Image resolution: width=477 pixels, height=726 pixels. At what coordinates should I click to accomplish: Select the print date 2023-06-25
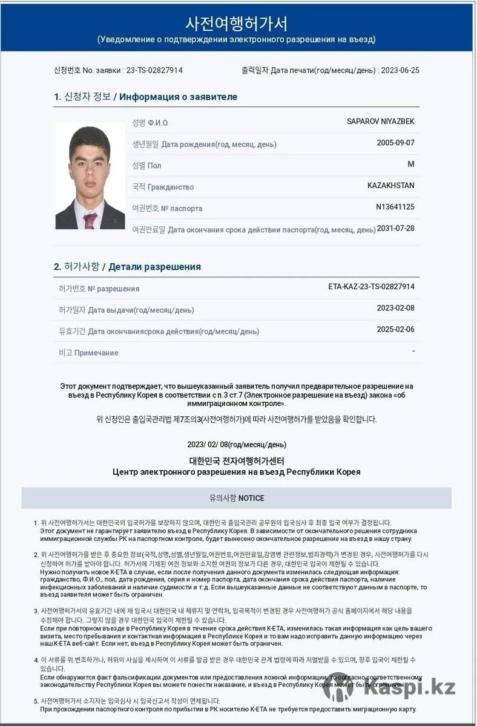400,70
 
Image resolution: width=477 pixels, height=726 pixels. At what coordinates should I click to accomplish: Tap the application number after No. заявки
154,70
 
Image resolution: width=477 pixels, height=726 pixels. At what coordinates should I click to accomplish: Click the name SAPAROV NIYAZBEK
380,122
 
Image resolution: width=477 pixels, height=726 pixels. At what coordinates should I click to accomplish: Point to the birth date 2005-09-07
395,143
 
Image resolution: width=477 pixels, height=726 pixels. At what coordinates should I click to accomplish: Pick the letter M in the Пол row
411,164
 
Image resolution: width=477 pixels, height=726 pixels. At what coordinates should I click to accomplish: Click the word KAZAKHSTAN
390,185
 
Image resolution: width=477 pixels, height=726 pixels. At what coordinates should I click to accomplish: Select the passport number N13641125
395,207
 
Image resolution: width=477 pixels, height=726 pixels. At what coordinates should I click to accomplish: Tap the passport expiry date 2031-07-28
395,228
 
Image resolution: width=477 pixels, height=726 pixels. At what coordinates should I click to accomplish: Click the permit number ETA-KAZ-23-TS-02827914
371,287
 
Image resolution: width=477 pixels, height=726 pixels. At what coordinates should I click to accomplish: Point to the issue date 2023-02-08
395,308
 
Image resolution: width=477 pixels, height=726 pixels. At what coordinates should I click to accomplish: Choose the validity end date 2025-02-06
395,330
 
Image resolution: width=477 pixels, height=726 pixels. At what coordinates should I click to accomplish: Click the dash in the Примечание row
413,351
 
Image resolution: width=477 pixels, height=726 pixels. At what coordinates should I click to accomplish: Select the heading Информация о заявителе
179,97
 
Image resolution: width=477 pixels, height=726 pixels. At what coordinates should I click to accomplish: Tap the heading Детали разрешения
154,267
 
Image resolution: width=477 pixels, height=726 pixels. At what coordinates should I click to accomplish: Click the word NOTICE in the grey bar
251,499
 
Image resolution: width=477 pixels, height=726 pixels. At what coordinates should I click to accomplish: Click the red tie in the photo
90,220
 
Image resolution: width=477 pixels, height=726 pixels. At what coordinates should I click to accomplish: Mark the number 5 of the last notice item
36,701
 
